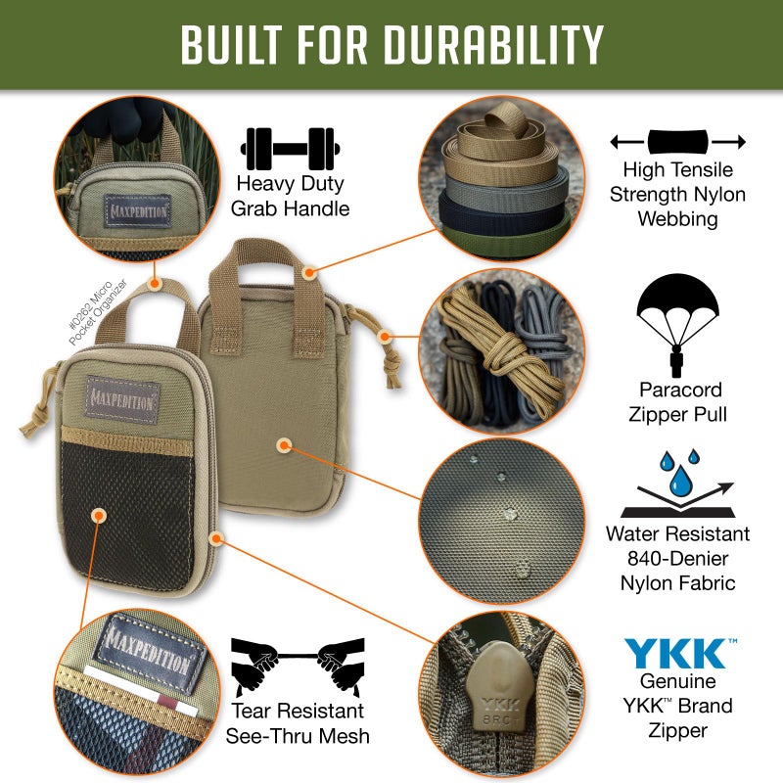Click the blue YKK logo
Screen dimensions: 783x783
click(x=675, y=653)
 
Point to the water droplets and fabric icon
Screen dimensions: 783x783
click(x=677, y=484)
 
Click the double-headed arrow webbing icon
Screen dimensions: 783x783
click(x=677, y=142)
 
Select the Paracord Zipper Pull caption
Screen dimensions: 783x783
click(x=677, y=403)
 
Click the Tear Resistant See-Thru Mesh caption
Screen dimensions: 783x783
click(x=295, y=723)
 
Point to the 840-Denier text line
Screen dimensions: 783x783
click(x=677, y=559)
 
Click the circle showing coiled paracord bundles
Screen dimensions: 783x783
click(x=499, y=349)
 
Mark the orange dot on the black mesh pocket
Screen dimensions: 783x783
click(x=98, y=514)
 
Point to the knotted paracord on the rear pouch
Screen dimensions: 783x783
click(x=391, y=363)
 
